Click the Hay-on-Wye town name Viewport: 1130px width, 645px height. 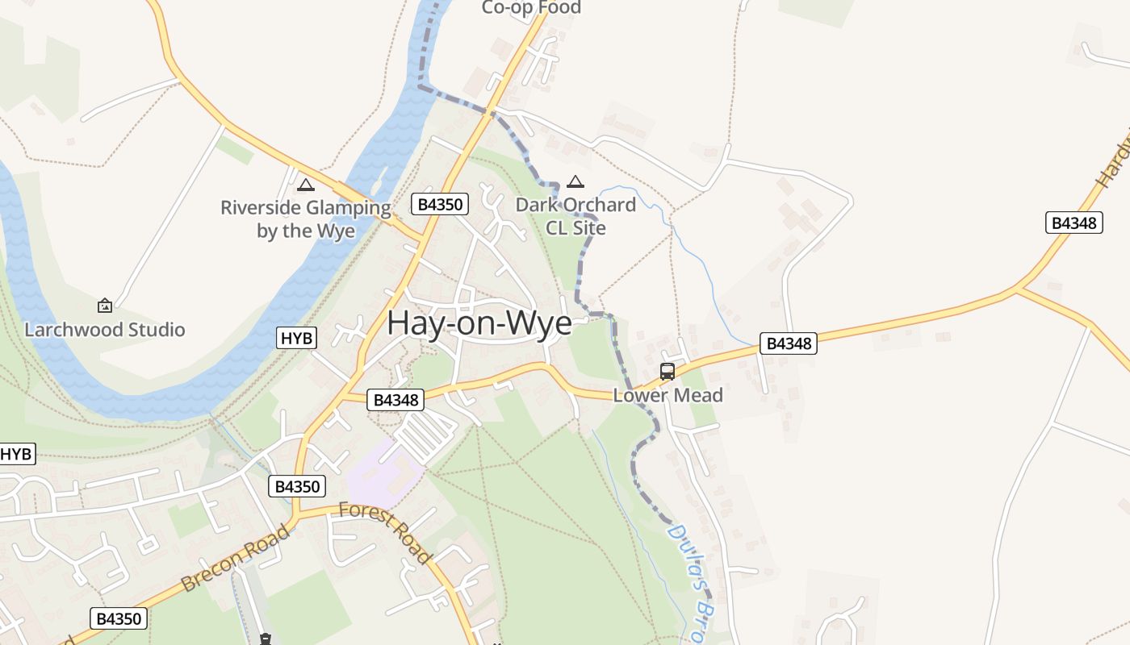point(479,322)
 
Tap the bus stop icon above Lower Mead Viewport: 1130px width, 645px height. point(668,372)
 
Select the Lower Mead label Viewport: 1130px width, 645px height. point(668,396)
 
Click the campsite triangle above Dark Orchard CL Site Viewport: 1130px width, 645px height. point(575,182)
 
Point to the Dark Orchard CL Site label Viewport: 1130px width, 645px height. point(575,216)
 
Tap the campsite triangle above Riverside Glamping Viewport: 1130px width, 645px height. point(305,185)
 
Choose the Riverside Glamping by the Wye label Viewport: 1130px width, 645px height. point(306,219)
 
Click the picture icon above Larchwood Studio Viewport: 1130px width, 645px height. point(104,306)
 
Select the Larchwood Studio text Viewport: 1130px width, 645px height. point(105,330)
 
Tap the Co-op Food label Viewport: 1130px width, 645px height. point(531,8)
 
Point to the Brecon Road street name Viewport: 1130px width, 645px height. point(235,558)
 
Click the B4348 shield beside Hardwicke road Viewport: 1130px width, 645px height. point(1073,223)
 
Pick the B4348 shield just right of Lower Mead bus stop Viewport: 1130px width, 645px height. point(788,343)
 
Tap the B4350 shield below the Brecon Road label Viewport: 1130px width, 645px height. point(118,618)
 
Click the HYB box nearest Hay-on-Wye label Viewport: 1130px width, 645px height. point(297,338)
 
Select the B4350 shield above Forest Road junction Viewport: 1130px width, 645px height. point(296,486)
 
